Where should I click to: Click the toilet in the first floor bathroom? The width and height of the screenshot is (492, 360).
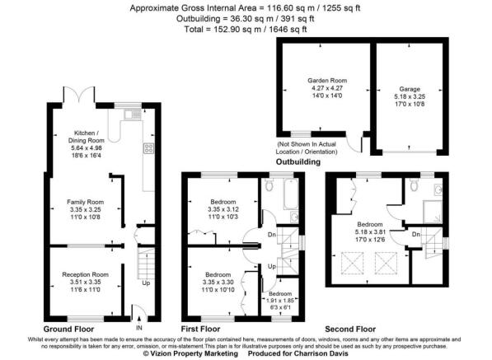click(x=271, y=187)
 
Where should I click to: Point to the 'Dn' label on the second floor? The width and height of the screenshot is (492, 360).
click(x=416, y=236)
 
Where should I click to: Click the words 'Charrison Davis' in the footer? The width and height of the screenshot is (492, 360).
click(x=321, y=354)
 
